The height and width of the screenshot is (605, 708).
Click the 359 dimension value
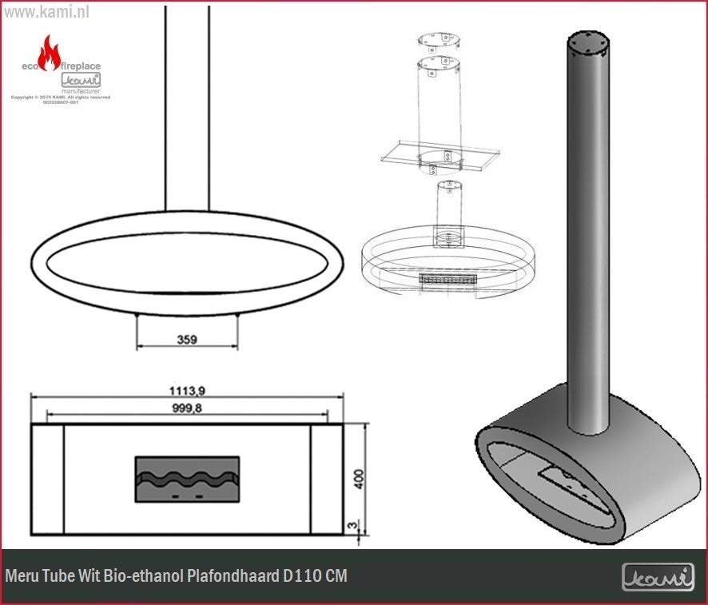pos(187,339)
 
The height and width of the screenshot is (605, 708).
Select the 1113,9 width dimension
pos(188,391)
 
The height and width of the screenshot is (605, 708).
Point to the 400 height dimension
pos(359,478)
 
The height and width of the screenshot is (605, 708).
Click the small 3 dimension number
pos(352,525)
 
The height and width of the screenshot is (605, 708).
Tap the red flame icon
pos(50,53)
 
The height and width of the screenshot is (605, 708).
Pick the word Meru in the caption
pos(22,576)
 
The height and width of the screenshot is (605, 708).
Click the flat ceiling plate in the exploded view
pos(440,157)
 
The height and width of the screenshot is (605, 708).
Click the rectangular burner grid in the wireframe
pos(447,279)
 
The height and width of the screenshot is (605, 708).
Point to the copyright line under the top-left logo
pos(60,98)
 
